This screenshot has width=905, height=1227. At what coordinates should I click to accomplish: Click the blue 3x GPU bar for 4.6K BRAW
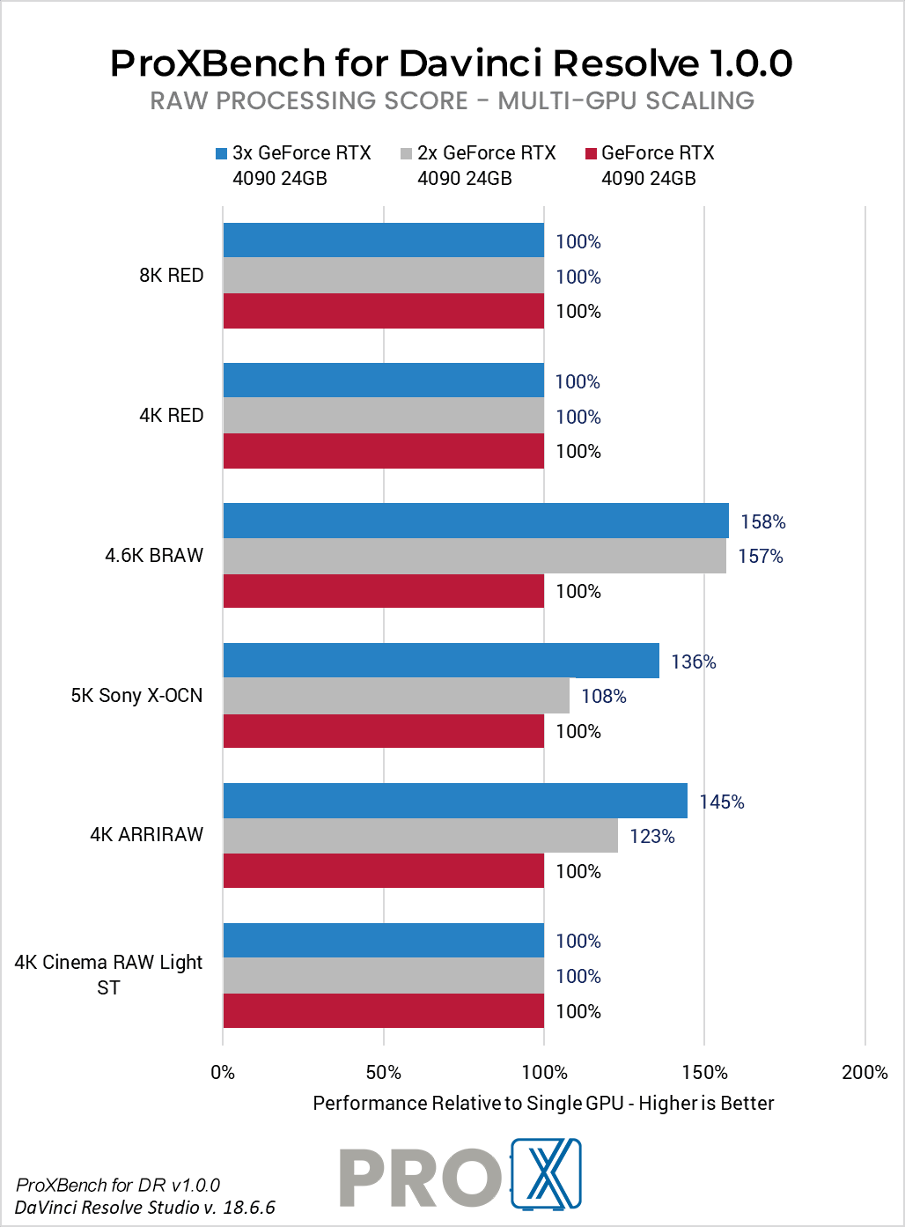[475, 521]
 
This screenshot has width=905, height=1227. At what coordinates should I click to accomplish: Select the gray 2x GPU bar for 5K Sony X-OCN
[396, 696]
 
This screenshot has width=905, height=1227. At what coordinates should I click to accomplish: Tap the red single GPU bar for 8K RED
[383, 311]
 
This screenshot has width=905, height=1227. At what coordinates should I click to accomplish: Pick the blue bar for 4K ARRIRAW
[455, 801]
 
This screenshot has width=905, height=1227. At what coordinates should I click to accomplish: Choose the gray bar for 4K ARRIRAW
[420, 836]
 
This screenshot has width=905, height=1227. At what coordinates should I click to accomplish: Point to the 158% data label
[762, 521]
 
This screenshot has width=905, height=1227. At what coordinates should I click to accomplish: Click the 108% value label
[603, 697]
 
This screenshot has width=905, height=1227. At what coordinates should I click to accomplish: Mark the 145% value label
[721, 802]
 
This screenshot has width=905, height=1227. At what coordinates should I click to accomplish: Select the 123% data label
[651, 837]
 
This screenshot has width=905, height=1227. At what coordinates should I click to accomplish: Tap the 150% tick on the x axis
[704, 1072]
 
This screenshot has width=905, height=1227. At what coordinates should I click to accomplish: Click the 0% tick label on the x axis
[223, 1072]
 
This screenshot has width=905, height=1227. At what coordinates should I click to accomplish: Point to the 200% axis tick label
[865, 1072]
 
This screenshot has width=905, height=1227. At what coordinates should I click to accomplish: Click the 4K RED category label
[171, 416]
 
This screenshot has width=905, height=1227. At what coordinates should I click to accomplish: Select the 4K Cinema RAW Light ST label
[108, 974]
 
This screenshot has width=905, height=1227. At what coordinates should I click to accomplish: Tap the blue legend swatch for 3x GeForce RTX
[222, 154]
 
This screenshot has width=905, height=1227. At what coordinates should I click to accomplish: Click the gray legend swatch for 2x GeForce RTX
[406, 154]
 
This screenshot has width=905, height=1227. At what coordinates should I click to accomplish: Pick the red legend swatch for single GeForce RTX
[591, 154]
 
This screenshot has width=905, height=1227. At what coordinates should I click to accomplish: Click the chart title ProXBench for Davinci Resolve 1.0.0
[452, 63]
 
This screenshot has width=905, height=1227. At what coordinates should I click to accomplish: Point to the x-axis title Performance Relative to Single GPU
[543, 1104]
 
